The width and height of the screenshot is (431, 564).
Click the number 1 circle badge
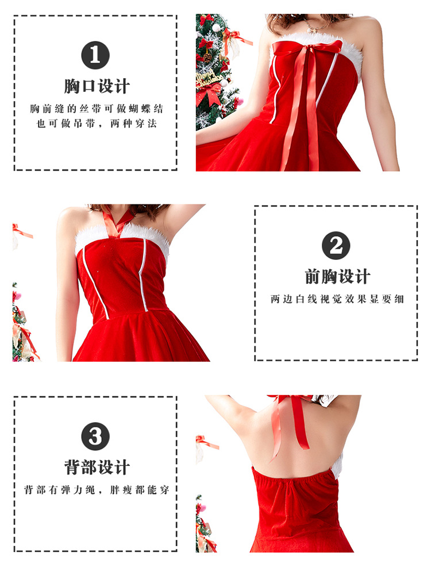click(95, 55)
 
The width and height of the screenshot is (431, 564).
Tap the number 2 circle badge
click(336, 245)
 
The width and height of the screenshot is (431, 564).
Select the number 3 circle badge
click(95, 436)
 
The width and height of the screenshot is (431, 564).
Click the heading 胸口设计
click(97, 86)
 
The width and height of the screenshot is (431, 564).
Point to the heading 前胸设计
click(337, 277)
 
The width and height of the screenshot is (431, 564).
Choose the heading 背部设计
click(97, 468)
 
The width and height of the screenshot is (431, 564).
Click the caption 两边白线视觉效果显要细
click(337, 299)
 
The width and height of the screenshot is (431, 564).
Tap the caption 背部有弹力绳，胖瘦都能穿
click(97, 489)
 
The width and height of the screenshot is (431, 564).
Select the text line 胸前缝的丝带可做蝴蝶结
click(97, 109)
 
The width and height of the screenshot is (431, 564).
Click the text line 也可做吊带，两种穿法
click(97, 123)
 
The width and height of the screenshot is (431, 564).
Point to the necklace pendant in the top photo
click(311, 30)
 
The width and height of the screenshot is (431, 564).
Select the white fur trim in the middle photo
click(122, 237)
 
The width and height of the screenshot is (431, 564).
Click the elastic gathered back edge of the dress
click(295, 475)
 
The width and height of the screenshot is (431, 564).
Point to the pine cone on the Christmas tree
click(207, 57)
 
